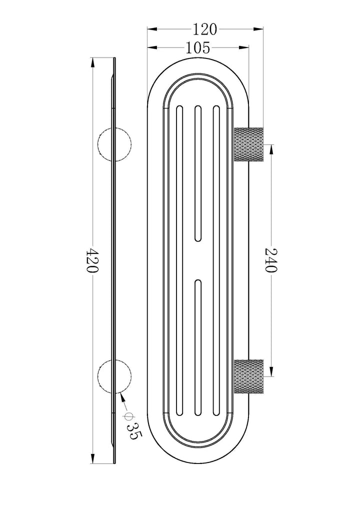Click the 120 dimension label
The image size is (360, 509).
click(204, 29)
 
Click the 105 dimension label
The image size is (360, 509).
click(197, 48)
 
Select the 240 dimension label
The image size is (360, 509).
click(270, 260)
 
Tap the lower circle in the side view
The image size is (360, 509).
click(114, 376)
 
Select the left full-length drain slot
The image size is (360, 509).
click(179, 260)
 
